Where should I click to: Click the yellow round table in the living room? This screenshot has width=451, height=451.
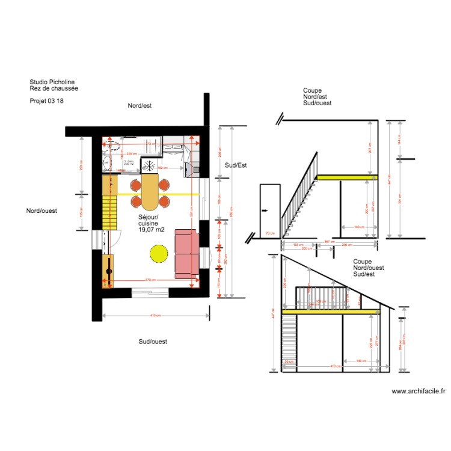159,252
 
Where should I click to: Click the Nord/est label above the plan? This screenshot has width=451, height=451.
140,105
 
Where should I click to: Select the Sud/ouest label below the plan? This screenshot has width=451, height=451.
153,342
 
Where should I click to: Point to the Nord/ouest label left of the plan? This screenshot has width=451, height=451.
41,210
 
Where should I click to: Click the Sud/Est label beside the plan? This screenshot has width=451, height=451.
236,165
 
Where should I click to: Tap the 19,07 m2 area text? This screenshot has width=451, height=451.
151,229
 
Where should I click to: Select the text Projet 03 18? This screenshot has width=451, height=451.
46,101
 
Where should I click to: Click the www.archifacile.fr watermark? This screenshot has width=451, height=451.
419,391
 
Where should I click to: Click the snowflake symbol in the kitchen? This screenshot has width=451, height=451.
149,165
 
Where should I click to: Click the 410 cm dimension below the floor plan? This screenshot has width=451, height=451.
155,316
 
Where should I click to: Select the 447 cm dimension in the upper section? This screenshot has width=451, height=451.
390,179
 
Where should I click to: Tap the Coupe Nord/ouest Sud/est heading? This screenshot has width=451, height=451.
369,268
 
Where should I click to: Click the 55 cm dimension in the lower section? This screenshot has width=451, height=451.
289,361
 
